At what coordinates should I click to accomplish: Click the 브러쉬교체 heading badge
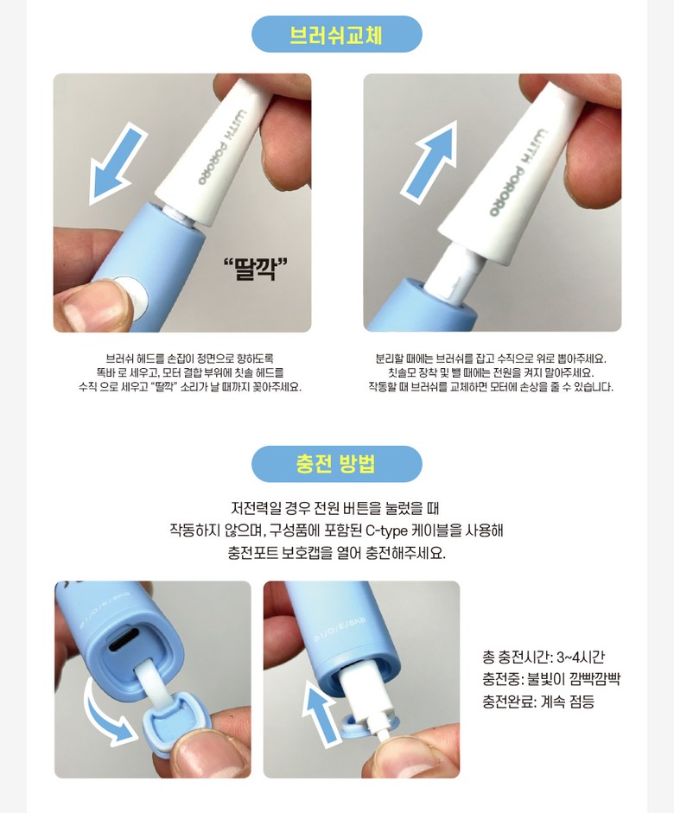[336, 35]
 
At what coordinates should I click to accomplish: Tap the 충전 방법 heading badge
[336, 464]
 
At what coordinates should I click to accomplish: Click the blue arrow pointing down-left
[118, 163]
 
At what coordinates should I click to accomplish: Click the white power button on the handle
[131, 295]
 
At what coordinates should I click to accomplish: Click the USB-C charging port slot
[124, 640]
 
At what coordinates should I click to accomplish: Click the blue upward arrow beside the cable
[320, 714]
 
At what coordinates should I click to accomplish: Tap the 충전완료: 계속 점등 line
[538, 702]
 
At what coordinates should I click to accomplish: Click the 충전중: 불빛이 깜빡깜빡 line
[551, 679]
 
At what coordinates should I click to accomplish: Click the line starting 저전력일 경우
[335, 508]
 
